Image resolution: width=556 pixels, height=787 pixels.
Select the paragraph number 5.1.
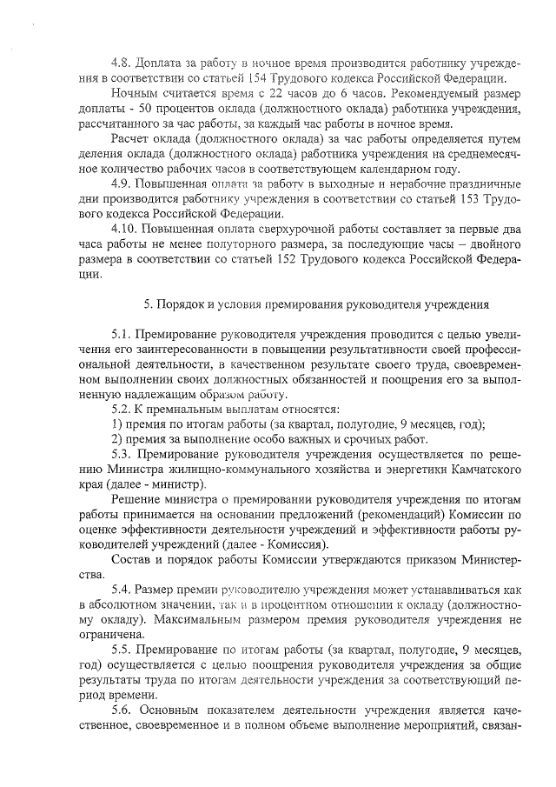[x=122, y=334]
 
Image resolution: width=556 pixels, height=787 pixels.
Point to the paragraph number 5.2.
[x=122, y=409]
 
